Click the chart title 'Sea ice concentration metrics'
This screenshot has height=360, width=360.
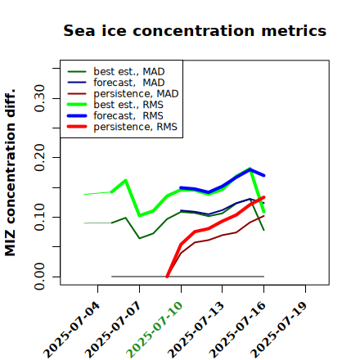[x=195, y=30]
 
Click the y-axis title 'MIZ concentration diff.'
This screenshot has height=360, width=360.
[x=10, y=173]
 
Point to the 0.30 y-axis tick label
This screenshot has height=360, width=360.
[x=40, y=98]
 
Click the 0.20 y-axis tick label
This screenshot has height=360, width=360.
[x=40, y=157]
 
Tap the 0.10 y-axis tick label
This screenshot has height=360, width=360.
[x=40, y=217]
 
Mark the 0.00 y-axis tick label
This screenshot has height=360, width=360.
[x=40, y=277]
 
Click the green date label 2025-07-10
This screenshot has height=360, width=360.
[x=155, y=330]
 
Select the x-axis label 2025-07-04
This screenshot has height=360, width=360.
[x=71, y=330]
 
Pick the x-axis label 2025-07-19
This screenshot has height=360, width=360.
[x=279, y=330]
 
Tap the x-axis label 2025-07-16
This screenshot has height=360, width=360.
[x=237, y=330]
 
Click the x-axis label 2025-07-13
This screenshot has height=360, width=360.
[x=196, y=330]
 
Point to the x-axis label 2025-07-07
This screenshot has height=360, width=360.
[x=113, y=330]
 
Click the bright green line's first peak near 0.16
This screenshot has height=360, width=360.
[x=125, y=180]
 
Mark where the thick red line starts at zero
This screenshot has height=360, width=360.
[x=167, y=277]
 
